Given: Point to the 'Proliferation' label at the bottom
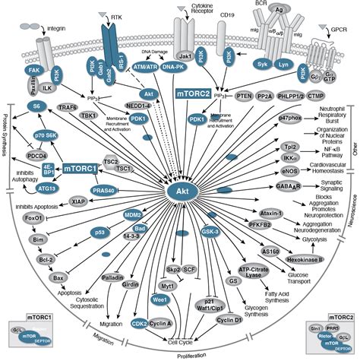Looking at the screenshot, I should (189, 354).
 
